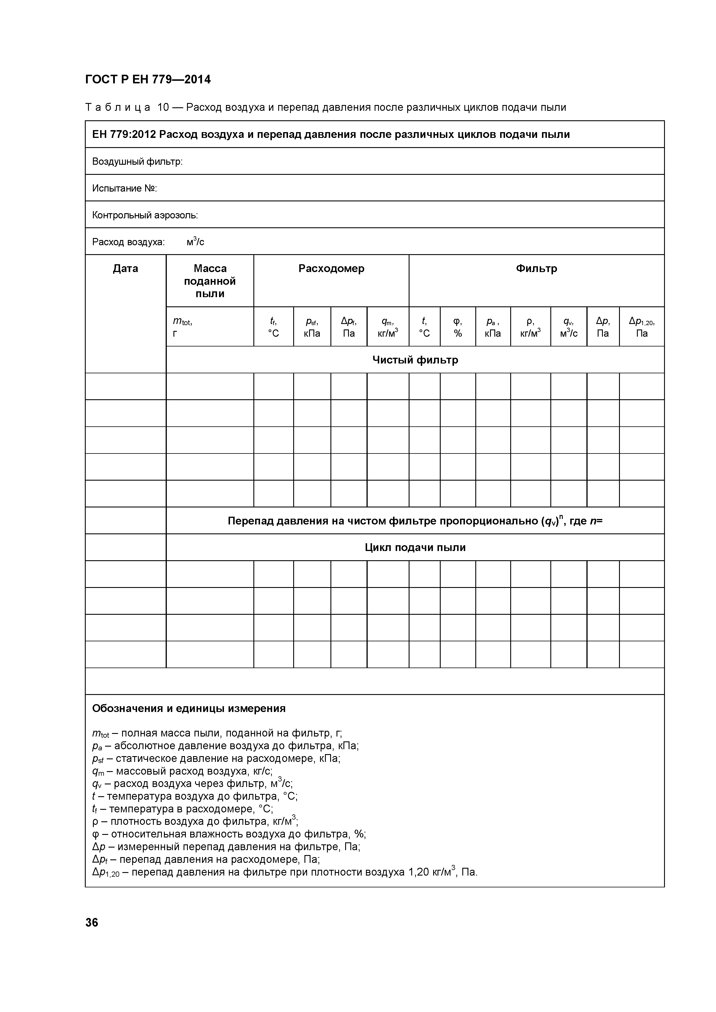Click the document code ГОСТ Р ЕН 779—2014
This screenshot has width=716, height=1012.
coord(148,80)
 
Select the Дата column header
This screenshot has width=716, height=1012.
coord(126,268)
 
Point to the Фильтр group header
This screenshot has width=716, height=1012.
coord(536,268)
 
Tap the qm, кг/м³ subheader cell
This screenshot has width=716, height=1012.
coord(388,327)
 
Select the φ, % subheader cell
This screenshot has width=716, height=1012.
coord(458,327)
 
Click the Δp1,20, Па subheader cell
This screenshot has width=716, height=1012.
coord(642,327)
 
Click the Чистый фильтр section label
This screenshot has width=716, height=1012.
coord(415,360)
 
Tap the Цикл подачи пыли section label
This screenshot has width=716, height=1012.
coord(415,548)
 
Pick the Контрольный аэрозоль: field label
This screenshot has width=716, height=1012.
coord(145,215)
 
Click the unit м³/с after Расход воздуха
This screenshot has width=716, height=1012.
coord(195,241)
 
